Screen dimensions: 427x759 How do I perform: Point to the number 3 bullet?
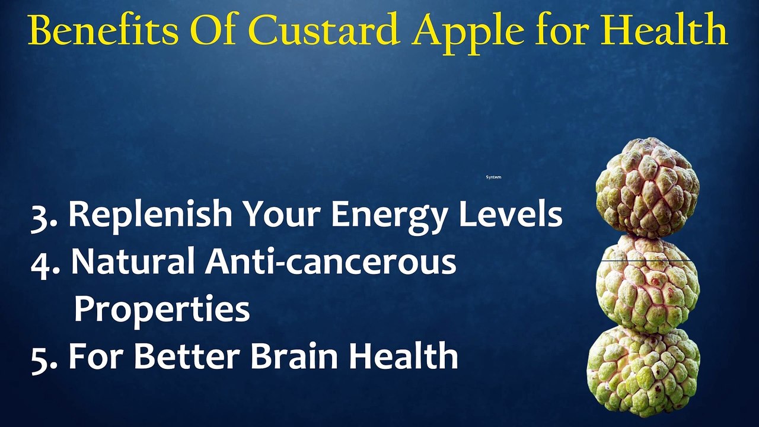43,215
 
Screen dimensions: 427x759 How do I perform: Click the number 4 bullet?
44,263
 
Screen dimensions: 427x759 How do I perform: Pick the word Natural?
134,262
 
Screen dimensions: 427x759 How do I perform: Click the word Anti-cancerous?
330,262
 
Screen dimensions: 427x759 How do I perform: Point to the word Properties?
161,310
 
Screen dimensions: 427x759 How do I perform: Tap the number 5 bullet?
43,357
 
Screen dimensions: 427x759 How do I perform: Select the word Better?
187,356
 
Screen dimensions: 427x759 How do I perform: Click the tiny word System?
493,177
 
